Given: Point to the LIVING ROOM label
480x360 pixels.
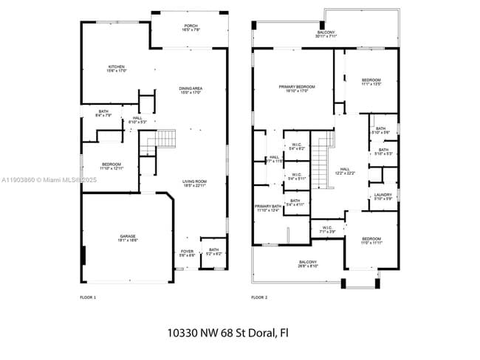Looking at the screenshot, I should (x=194, y=184).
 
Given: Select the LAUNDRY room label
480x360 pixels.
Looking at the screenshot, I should (x=383, y=196).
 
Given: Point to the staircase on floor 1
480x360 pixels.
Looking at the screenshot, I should (x=165, y=139).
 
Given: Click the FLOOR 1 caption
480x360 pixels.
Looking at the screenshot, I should (x=88, y=297).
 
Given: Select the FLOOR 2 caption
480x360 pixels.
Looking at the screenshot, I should (x=258, y=297).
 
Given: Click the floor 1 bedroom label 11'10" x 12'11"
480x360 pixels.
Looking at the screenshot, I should (x=111, y=166).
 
